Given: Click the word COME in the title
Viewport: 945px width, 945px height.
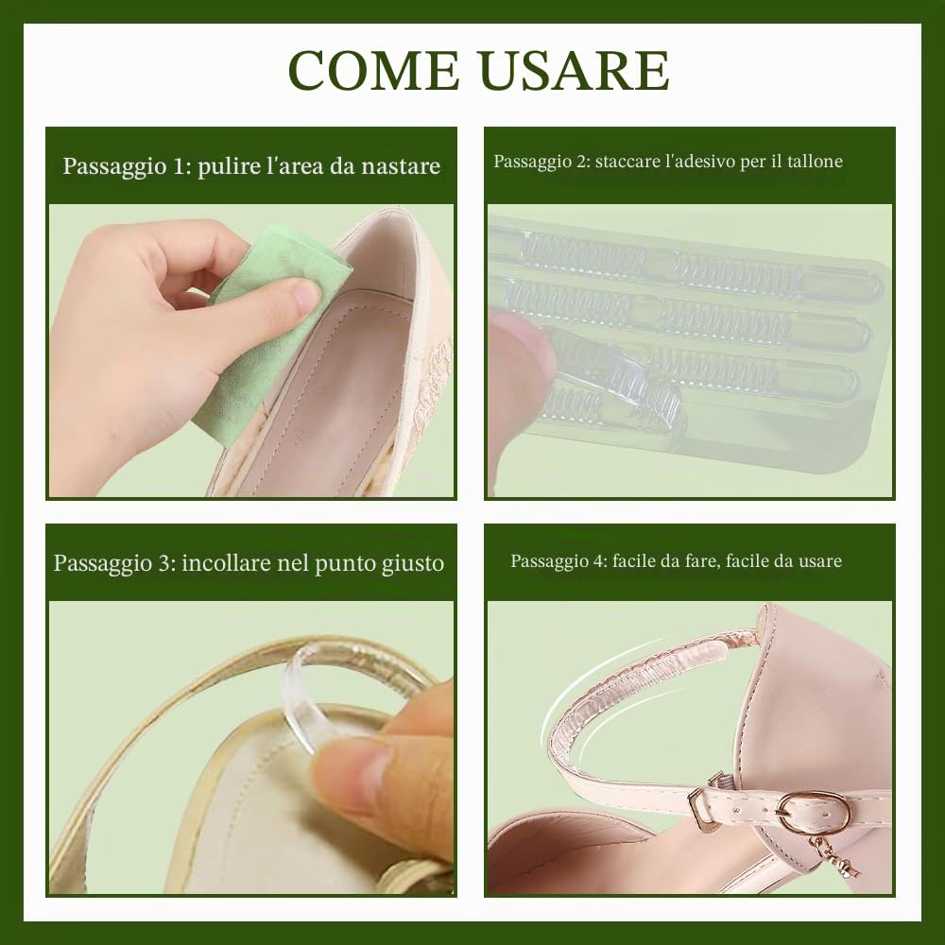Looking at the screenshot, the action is (x=373, y=70).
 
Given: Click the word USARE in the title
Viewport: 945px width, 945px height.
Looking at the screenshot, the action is (x=576, y=70).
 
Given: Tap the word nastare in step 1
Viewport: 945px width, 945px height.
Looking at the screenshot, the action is (x=401, y=165).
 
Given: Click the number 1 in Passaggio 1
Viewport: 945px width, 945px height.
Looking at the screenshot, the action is (x=179, y=166).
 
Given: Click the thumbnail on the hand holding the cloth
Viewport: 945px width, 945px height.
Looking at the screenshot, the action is (x=305, y=295).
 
